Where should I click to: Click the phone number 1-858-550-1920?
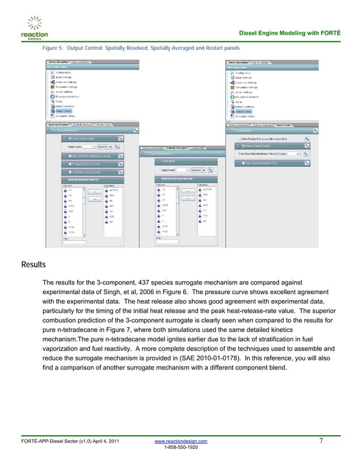181,447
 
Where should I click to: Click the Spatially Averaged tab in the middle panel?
177,147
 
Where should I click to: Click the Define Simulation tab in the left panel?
58,62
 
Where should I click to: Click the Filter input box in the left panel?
74,242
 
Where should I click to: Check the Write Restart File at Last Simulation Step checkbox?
238,138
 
